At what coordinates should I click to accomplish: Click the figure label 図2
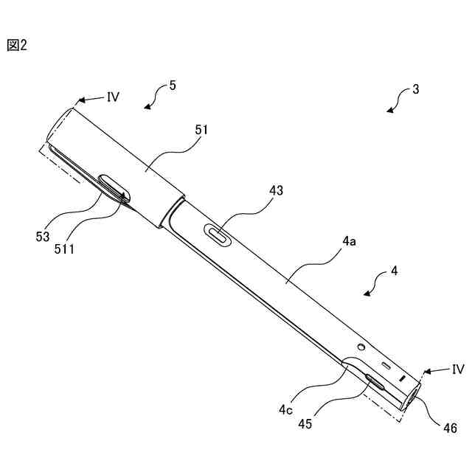point(17,45)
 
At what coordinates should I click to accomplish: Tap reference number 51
point(201,130)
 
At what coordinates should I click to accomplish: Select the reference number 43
point(276,190)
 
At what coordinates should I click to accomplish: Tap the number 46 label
point(450,428)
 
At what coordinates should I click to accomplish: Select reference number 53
point(42,236)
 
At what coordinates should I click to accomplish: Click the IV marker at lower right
point(457,369)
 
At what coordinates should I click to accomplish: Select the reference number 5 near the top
point(173,86)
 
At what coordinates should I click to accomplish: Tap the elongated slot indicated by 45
point(375,381)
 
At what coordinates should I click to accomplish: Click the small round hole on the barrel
point(361,347)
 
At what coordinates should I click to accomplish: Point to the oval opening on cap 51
point(114,187)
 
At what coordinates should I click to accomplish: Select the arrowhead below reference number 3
point(390,110)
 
